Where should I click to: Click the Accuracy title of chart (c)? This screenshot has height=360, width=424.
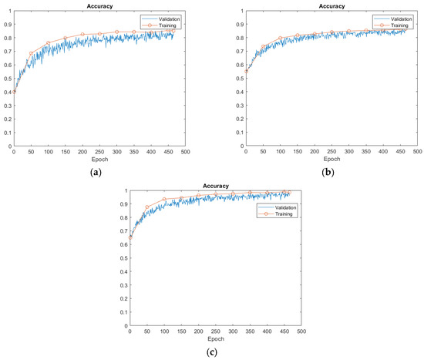[x=215, y=185]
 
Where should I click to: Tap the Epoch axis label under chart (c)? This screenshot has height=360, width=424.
[x=215, y=338]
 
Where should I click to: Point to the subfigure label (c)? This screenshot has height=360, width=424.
[x=213, y=352]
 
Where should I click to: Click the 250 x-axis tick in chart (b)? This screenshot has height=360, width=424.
[x=331, y=152]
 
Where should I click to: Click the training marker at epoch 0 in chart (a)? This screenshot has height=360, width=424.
[x=14, y=93]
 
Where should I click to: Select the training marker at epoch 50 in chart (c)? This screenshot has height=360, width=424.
[x=147, y=207]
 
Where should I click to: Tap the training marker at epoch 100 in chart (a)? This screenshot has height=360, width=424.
[x=48, y=43]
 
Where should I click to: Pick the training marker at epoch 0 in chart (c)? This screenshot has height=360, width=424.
[x=130, y=237]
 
